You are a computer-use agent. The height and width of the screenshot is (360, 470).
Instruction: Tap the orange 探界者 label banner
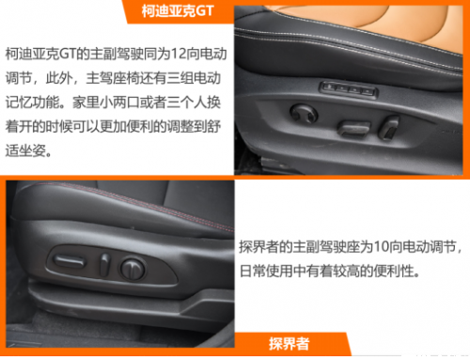(x=290, y=344)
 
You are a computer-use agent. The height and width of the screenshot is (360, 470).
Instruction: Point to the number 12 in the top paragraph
(x=179, y=54)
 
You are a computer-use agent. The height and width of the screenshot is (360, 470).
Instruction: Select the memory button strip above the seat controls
(x=348, y=89)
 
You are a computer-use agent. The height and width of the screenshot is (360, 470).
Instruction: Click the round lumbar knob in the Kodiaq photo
(x=304, y=114)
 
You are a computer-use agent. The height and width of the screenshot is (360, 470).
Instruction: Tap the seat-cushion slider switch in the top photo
(x=353, y=128)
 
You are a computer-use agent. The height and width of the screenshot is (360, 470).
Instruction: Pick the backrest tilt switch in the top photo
(x=388, y=128)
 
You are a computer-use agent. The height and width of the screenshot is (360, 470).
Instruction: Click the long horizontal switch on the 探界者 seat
(x=70, y=260)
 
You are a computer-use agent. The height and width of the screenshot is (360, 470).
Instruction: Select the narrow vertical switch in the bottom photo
(x=104, y=265)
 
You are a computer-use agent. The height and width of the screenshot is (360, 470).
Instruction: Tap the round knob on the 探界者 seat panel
(x=133, y=269)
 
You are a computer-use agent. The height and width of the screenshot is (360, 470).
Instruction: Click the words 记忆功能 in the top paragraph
(x=32, y=102)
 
